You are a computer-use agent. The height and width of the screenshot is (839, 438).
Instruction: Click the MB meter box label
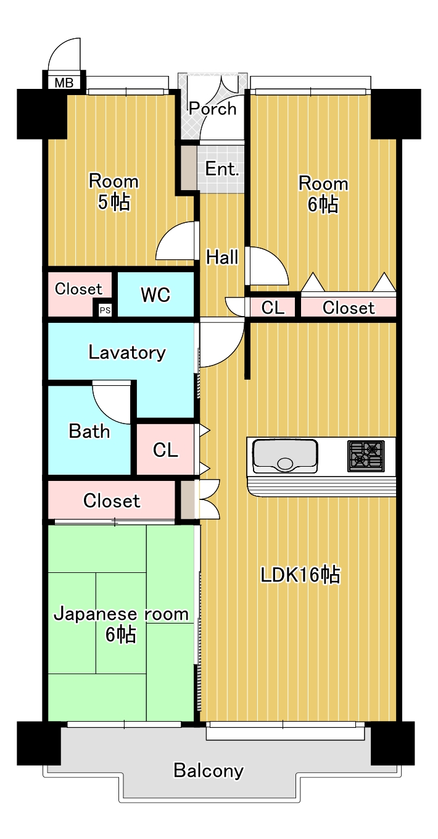tap(64, 82)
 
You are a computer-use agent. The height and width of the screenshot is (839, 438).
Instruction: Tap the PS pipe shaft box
tap(105, 310)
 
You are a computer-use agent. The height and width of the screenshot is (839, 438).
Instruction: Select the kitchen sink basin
tap(285, 456)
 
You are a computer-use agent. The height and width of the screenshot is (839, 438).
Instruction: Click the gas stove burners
tap(366, 456)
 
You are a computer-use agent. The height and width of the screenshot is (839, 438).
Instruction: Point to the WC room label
tap(155, 294)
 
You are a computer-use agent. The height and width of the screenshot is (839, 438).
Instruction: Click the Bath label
tap(89, 431)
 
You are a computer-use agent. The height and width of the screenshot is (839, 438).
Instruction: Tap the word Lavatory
tap(127, 353)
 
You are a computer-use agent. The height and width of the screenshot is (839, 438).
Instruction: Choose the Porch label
tap(213, 109)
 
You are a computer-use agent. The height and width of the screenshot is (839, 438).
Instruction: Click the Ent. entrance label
tap(222, 169)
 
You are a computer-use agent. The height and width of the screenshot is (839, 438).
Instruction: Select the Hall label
tap(222, 257)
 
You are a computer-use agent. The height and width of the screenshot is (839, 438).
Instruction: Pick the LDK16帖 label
tap(300, 575)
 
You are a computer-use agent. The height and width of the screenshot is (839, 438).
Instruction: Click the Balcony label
tap(209, 770)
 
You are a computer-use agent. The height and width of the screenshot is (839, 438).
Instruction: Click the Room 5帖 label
tap(114, 192)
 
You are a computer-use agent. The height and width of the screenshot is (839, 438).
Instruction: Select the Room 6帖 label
tap(323, 194)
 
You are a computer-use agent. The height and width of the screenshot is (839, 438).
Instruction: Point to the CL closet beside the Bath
tap(165, 450)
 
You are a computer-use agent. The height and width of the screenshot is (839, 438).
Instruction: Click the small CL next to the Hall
tap(273, 307)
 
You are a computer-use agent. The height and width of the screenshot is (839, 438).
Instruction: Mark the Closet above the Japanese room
tap(112, 501)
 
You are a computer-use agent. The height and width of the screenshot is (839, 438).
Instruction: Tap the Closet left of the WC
tap(78, 289)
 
